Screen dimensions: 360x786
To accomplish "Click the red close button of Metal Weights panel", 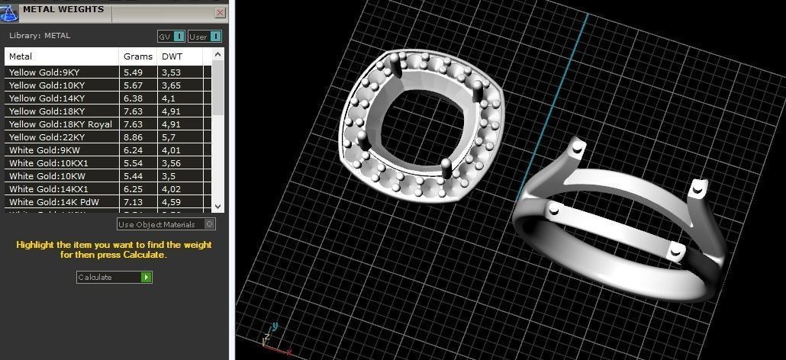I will click(221, 12).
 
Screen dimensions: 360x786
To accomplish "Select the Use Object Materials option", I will click(165, 224).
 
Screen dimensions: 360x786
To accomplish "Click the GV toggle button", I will click(172, 36).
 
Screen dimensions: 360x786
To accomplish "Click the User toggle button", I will click(205, 36).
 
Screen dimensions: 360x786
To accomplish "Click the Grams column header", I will click(138, 56).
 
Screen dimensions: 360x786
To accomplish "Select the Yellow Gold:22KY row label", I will click(47, 137).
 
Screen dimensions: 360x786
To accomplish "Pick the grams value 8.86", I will click(134, 137).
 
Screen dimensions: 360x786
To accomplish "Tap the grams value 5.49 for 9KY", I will click(134, 72).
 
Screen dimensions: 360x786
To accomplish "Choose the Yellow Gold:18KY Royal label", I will click(60, 124).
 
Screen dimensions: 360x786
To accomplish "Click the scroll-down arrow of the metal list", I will click(218, 206).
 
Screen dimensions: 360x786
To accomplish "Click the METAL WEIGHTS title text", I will click(63, 10).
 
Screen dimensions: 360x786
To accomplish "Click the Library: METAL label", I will click(40, 35).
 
